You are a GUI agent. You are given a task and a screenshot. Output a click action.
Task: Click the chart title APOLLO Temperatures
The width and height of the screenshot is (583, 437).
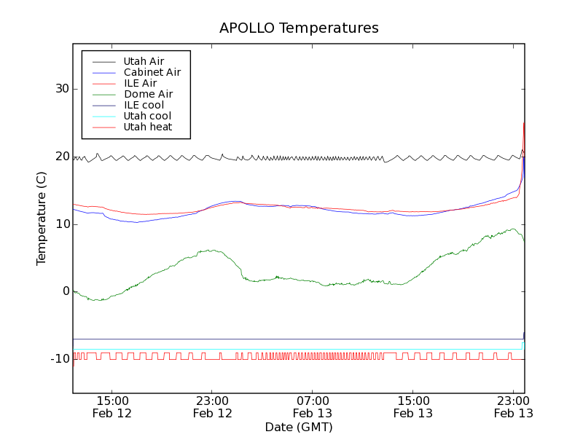point(299,28)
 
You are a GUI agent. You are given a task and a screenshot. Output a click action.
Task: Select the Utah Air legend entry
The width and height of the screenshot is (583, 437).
point(144,61)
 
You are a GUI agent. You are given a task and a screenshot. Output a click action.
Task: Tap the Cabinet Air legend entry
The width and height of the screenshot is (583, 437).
point(152,72)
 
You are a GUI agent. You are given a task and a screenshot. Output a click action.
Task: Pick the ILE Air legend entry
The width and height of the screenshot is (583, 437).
point(140,83)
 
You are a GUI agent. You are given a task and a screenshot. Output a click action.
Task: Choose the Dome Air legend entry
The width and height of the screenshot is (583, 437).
point(148,94)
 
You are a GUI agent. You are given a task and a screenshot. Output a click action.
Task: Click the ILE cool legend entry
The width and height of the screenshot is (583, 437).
point(144,105)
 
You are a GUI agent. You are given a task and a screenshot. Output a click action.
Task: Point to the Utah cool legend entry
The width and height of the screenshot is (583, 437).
point(147,116)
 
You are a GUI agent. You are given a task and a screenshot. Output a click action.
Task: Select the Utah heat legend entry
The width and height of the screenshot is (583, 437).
point(148,127)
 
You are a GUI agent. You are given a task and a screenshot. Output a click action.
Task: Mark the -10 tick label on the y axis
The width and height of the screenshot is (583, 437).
point(59,359)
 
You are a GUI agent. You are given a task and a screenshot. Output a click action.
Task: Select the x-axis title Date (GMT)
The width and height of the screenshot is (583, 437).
point(299,427)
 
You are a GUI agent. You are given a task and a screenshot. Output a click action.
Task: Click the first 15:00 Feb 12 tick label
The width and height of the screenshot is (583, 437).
point(112,406)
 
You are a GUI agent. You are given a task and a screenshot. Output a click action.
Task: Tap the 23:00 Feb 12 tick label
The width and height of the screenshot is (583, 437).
point(212,406)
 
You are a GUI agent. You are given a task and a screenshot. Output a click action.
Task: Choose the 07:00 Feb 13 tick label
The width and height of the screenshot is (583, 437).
point(313,406)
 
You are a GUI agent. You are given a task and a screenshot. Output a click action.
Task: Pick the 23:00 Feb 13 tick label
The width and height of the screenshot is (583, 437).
point(513,406)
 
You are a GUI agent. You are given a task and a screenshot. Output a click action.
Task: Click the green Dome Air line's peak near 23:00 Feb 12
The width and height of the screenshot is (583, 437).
point(211,251)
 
